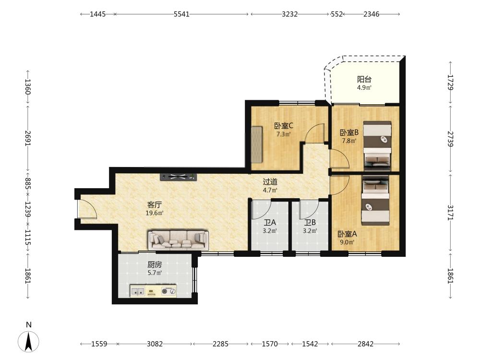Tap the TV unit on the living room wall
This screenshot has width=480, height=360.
pyautogui.click(x=178, y=177)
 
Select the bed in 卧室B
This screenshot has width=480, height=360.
pyautogui.click(x=377, y=146)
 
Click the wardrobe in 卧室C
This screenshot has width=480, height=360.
pyautogui.click(x=257, y=144)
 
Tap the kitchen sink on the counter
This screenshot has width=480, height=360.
pyautogui.click(x=138, y=291)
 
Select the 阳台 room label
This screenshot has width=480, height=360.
pyautogui.click(x=364, y=80)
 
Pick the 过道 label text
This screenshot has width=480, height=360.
pyautogui.click(x=270, y=182)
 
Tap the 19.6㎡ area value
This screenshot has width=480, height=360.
pyautogui.click(x=155, y=213)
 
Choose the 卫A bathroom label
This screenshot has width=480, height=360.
pyautogui.click(x=270, y=223)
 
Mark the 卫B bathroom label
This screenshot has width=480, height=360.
pyautogui.click(x=310, y=223)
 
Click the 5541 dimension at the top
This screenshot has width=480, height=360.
pyautogui.click(x=181, y=14)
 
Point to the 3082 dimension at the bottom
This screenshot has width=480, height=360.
pyautogui.click(x=155, y=344)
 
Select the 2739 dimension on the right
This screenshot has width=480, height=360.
pyautogui.click(x=450, y=139)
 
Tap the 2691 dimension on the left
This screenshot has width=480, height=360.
pyautogui.click(x=28, y=138)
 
